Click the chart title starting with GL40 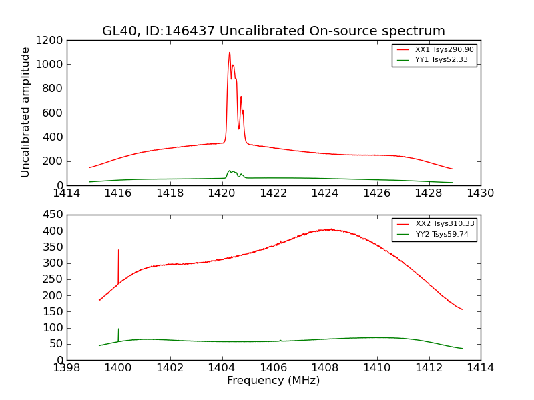(273, 31)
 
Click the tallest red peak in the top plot (230, 53)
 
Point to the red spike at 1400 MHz (119, 251)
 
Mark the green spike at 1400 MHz (119, 329)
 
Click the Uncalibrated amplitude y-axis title (26, 112)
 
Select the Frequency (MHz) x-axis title (273, 381)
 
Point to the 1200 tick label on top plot (50, 40)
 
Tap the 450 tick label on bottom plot (53, 215)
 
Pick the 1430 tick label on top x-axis (480, 193)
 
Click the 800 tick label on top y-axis (53, 89)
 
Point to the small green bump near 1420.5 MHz (231, 171)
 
